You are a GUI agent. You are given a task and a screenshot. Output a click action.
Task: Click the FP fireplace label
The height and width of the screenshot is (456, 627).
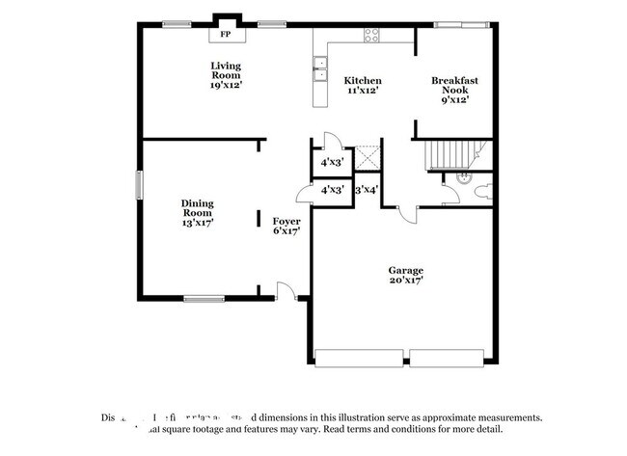(226, 34)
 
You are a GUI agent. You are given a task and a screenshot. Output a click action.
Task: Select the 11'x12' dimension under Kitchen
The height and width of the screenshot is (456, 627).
(364, 91)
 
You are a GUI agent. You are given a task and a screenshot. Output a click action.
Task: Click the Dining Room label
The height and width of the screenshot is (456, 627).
(197, 207)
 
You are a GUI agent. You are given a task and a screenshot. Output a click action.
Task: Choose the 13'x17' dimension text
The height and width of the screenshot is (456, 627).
(197, 222)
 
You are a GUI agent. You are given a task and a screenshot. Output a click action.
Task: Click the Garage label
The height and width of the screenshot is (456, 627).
(406, 270)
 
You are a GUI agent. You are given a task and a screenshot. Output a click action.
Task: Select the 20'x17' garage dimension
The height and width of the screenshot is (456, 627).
(406, 281)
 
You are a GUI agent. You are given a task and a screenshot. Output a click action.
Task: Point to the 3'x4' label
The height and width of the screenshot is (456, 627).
(368, 190)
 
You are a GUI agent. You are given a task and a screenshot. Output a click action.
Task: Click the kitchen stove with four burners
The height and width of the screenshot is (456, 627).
(370, 36)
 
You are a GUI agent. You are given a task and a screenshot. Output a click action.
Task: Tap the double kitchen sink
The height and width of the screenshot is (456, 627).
(318, 68)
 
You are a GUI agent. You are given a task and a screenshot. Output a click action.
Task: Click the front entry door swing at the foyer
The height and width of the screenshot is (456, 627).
(286, 289)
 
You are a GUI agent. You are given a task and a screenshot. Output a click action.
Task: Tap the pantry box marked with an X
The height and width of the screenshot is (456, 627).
(368, 159)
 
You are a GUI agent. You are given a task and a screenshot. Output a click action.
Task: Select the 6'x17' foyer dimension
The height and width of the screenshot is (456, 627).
(286, 231)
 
